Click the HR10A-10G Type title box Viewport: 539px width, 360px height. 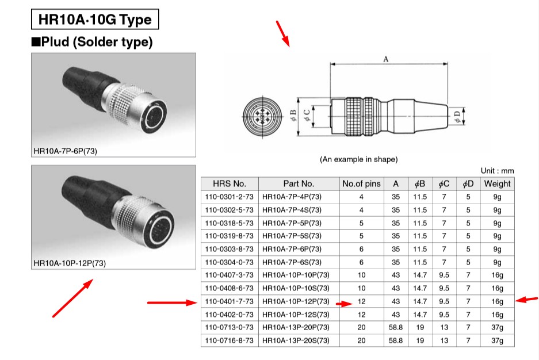pos(95,19)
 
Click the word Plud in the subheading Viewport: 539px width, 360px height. pos(55,42)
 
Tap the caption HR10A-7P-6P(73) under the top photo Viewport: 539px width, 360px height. pos(66,151)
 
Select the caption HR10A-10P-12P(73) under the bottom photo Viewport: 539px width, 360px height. pos(70,263)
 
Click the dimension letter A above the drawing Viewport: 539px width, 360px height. pos(385,59)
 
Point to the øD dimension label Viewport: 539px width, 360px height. pos(457,117)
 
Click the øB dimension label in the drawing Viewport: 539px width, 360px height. pos(293,116)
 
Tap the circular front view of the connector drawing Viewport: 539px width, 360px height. pos(262,117)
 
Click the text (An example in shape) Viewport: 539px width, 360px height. pos(358,159)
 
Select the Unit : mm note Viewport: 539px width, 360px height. pos(497,171)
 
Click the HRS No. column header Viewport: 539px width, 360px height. pos(230,184)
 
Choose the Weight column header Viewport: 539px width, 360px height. pos(497,184)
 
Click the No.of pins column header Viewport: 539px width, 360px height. pos(361,184)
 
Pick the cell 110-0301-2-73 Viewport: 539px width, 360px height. pos(230,197)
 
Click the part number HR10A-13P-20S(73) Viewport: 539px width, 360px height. pos(296,341)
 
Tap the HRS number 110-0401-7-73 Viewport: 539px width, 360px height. pos(230,301)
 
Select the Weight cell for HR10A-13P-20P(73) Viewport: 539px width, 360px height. pos(497,328)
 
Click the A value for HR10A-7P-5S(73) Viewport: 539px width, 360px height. pos(396,236)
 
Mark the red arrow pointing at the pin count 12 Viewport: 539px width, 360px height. pos(344,304)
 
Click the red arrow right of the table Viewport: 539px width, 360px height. pos(526,300)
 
